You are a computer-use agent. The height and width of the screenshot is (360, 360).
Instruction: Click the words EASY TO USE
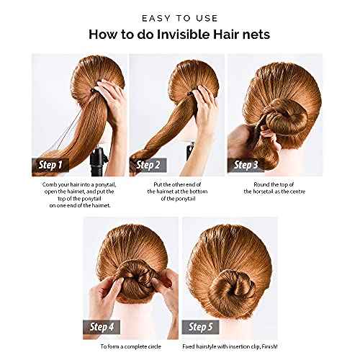pyautogui.click(x=180, y=16)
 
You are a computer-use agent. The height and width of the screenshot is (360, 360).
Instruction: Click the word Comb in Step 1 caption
pyautogui.click(x=51, y=184)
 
